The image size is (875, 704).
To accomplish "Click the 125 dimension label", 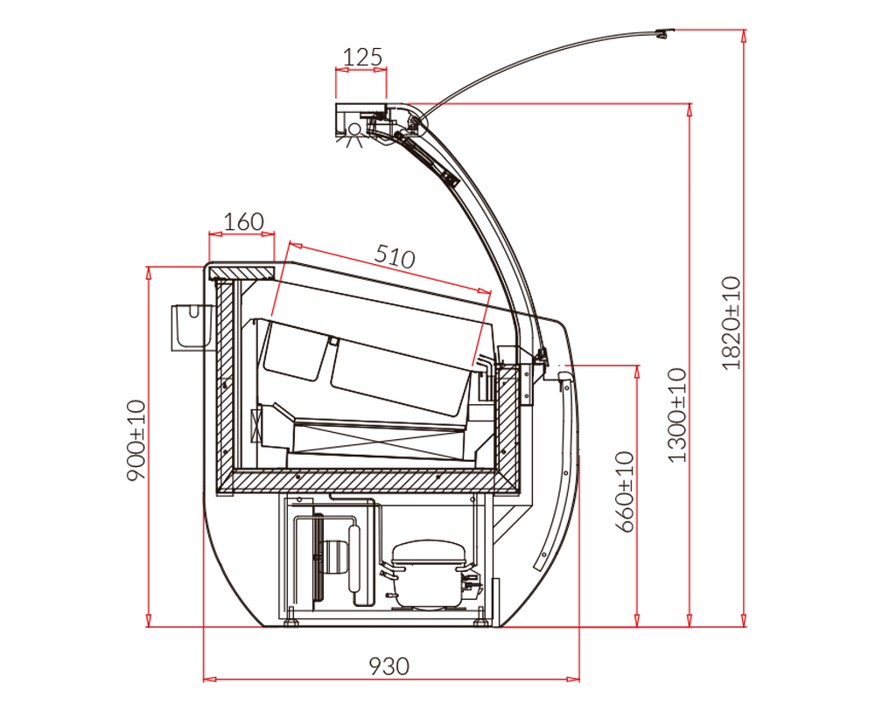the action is pyautogui.click(x=362, y=57).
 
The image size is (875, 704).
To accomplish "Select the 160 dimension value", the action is pyautogui.click(x=243, y=221).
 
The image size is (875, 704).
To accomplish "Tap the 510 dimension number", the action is pyautogui.click(x=395, y=256).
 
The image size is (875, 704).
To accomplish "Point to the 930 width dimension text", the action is pyautogui.click(x=389, y=666).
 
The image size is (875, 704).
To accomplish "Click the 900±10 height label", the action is pyautogui.click(x=136, y=440).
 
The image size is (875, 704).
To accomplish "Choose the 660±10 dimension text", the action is pyautogui.click(x=625, y=492).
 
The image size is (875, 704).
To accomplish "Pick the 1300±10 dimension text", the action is pyautogui.click(x=677, y=415).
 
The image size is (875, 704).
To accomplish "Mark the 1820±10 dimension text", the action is pyautogui.click(x=731, y=323).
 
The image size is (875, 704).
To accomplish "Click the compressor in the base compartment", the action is pyautogui.click(x=428, y=574).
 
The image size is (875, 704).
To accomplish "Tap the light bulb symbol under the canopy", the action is pyautogui.click(x=353, y=133).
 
